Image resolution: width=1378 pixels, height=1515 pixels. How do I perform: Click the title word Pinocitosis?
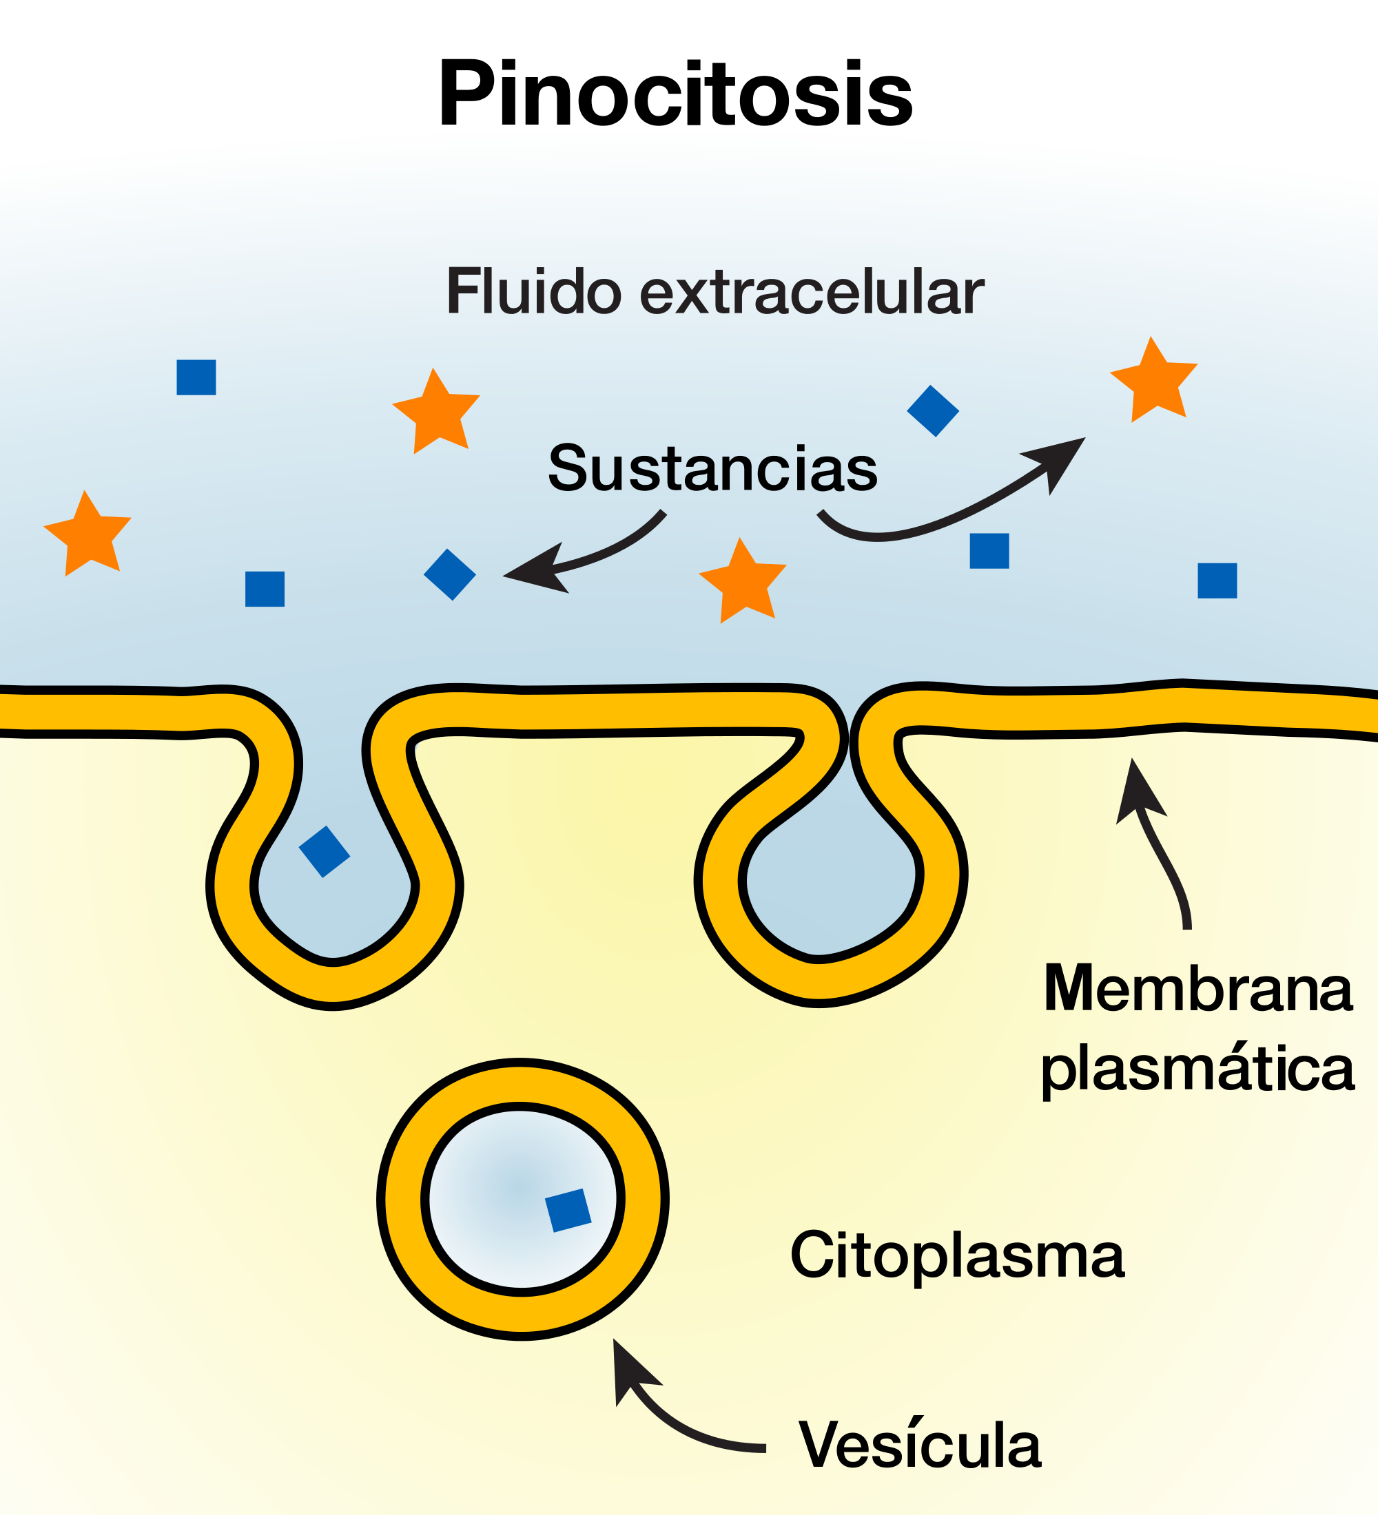(x=675, y=94)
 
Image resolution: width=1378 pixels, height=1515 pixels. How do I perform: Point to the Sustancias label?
(x=712, y=468)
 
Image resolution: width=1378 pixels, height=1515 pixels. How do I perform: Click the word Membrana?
(x=1198, y=989)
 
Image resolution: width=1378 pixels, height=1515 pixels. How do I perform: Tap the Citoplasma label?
(x=957, y=1254)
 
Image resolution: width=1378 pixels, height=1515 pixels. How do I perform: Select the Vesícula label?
(x=919, y=1443)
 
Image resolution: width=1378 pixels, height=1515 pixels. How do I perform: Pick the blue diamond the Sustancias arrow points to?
(x=449, y=574)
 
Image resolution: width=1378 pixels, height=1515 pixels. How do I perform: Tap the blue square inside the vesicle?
(x=568, y=1210)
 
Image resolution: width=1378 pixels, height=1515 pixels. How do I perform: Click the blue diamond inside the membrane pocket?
(x=324, y=851)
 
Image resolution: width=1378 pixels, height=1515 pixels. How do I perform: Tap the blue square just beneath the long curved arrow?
(x=989, y=551)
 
